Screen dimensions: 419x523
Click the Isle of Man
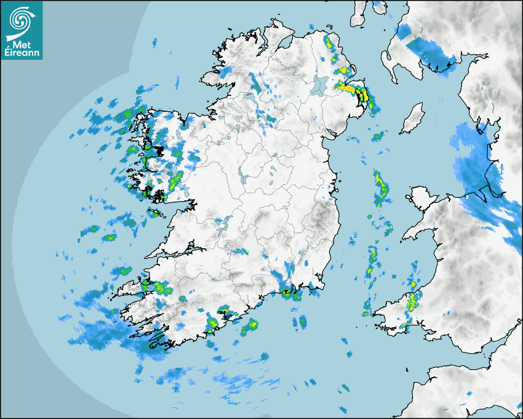(x=413, y=118)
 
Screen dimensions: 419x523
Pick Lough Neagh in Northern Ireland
(x=319, y=84)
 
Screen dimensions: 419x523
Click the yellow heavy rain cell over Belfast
(x=357, y=92)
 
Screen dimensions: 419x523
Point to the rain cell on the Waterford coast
(x=289, y=293)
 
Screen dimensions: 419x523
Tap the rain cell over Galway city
(x=175, y=181)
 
